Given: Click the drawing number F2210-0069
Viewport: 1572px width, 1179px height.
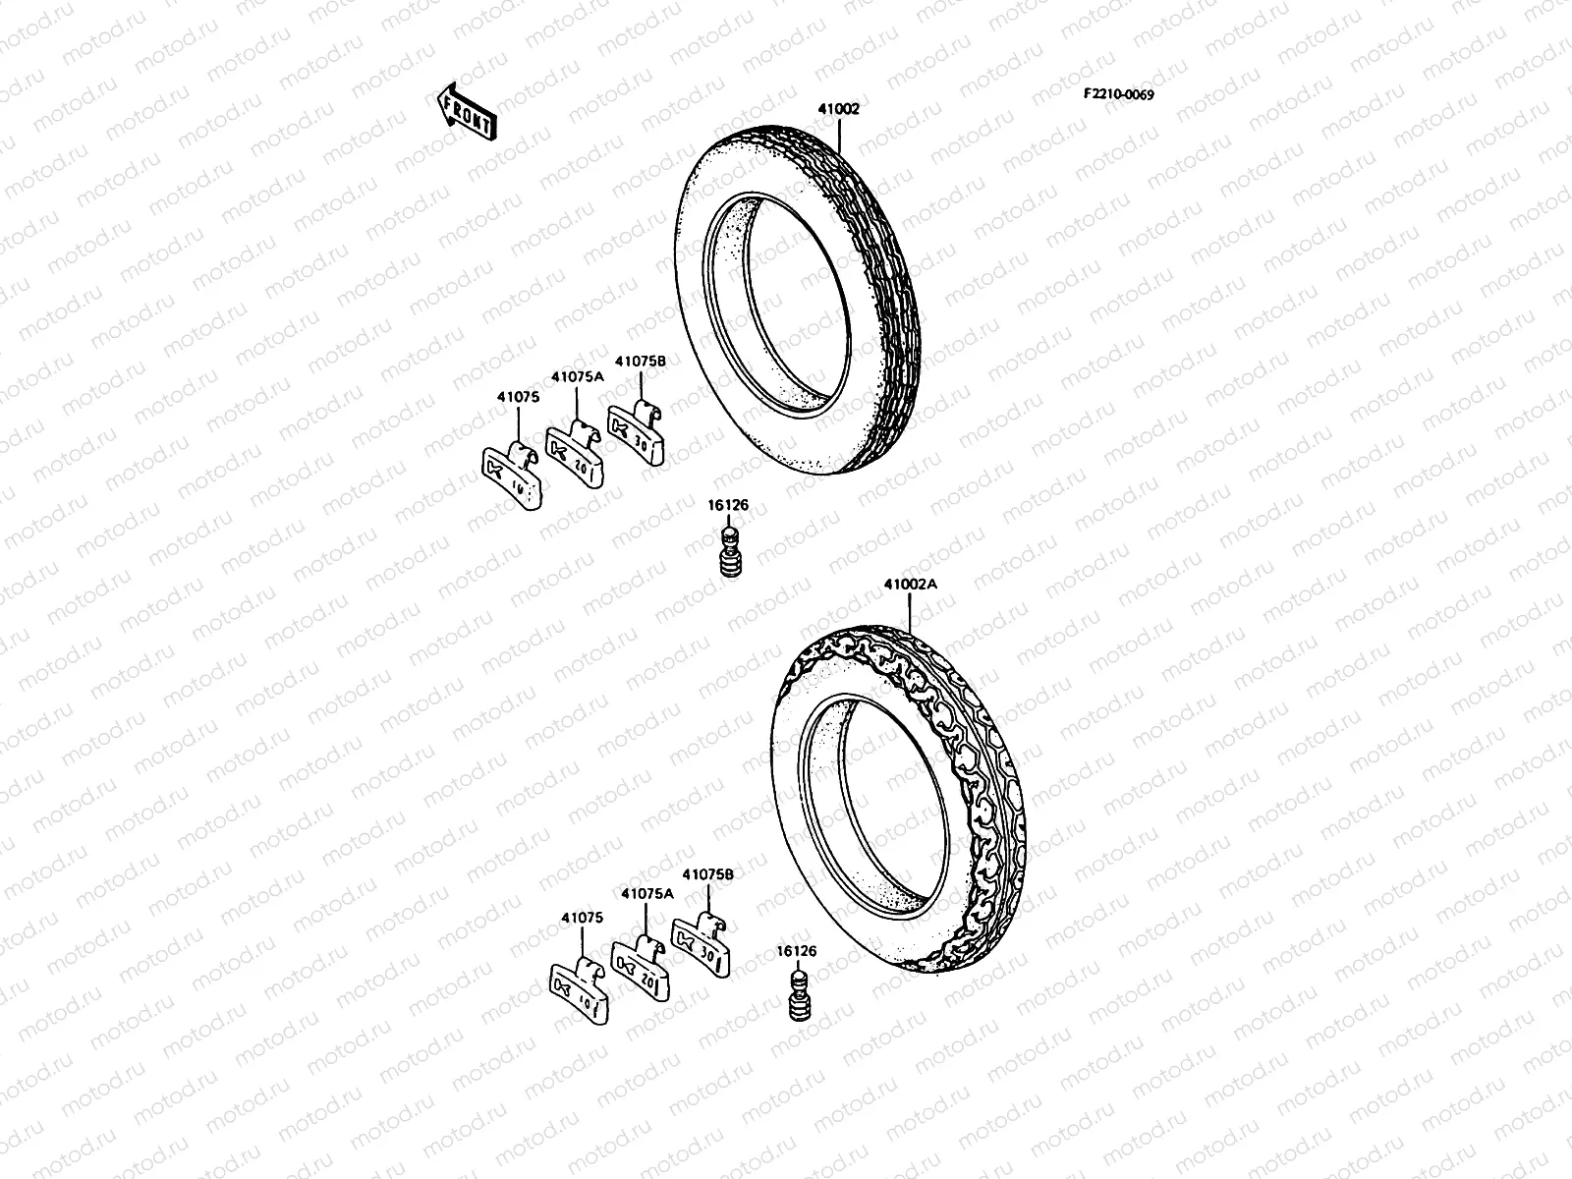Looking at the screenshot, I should tap(1118, 94).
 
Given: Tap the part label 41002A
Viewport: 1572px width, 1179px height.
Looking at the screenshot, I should tap(911, 584).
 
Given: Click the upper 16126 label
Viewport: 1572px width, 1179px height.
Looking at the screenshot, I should tap(728, 505).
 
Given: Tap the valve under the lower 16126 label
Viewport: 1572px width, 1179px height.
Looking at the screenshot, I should tap(798, 999).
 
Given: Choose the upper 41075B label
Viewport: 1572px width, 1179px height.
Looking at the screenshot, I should tap(641, 361).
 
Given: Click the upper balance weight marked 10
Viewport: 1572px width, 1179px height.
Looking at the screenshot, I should tap(510, 477).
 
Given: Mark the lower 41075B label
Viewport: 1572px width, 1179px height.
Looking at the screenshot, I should tap(707, 873).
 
